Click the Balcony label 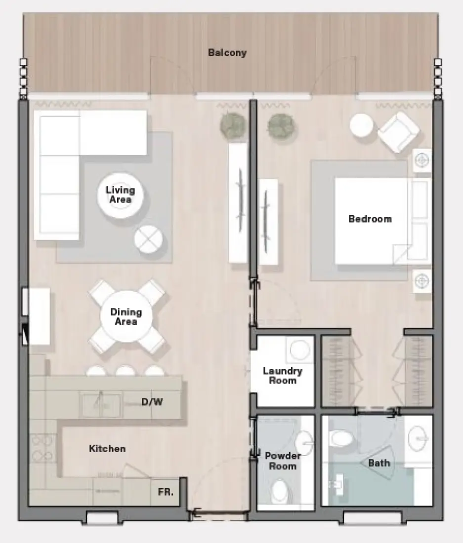227,53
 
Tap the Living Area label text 120,194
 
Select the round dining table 126,317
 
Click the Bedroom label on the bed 370,219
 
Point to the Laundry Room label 282,376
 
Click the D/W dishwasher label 152,402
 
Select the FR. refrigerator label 165,492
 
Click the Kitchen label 107,449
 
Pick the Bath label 379,463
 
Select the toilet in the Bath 340,437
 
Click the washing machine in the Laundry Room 299,350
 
